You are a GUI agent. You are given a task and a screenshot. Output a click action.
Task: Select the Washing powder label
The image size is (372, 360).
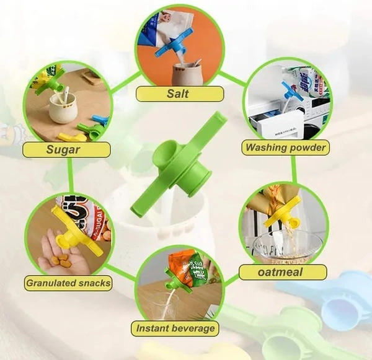click(285, 147)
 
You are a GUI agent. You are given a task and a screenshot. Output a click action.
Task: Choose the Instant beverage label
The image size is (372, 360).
click(175, 328)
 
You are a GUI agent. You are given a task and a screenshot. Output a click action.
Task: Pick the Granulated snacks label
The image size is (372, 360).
click(68, 283)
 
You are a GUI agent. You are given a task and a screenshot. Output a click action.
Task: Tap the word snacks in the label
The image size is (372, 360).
click(94, 283)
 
